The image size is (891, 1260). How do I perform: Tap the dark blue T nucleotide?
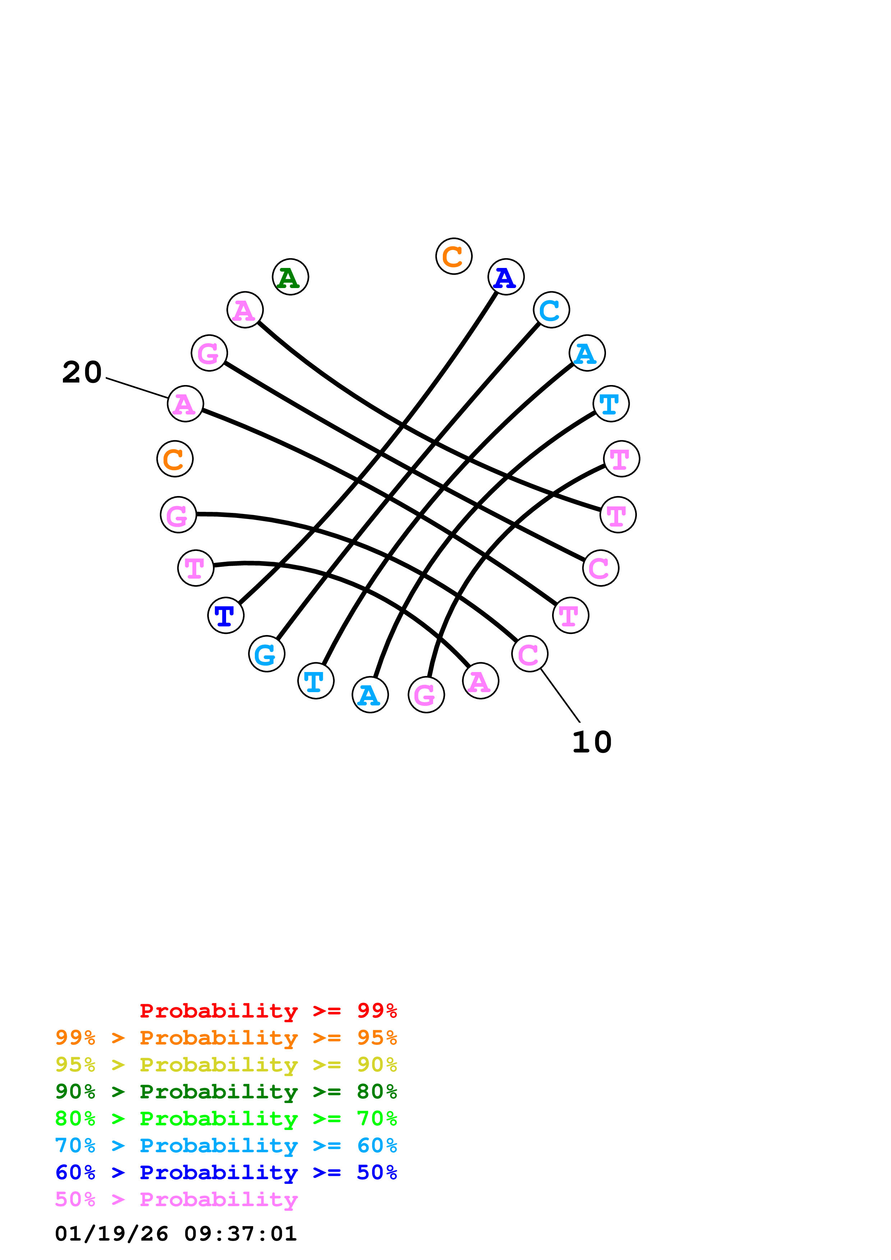tap(226, 615)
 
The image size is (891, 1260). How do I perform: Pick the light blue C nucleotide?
tap(551, 310)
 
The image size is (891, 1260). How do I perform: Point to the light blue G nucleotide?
tap(267, 654)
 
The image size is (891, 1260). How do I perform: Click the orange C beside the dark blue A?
tap(454, 256)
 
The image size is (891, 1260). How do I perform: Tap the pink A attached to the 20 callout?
tap(185, 404)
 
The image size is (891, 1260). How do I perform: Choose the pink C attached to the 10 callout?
tap(529, 654)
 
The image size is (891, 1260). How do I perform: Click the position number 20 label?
tap(82, 372)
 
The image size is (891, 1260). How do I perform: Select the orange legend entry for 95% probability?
tap(226, 1038)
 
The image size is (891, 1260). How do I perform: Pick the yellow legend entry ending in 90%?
tap(226, 1065)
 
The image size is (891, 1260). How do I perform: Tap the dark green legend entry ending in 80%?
tap(226, 1092)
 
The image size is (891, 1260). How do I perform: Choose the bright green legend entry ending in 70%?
tap(226, 1118)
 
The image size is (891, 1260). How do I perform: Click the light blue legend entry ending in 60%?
tap(226, 1145)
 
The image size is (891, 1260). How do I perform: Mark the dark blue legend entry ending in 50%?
tap(226, 1172)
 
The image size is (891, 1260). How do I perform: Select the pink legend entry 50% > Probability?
tap(176, 1199)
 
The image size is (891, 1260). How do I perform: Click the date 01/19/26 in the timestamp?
tap(111, 1234)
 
